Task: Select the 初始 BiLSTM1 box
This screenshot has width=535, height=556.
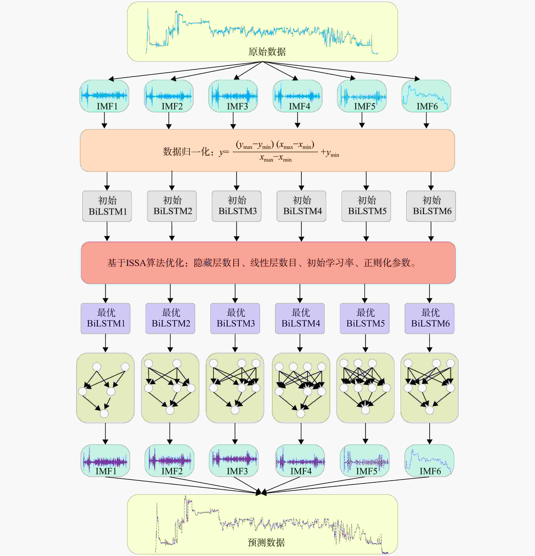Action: point(107,206)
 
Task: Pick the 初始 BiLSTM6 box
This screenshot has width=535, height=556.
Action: point(431,206)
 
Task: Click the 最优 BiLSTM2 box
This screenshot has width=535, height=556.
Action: point(170,318)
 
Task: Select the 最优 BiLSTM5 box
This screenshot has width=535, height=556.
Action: point(365,318)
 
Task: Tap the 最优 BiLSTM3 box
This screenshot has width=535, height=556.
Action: point(235,318)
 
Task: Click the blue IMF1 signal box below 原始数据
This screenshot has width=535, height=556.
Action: point(104,96)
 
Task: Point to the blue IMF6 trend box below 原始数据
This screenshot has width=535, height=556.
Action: point(426,96)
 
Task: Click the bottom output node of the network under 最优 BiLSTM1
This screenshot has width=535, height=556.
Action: point(104,413)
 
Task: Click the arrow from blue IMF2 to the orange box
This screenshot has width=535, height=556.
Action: point(169,121)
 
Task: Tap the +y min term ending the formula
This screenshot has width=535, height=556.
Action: point(330,153)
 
